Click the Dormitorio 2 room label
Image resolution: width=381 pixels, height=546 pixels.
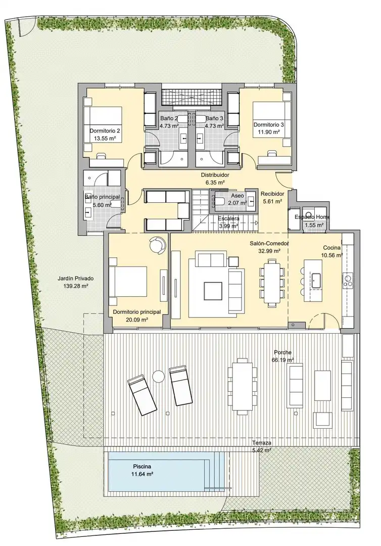pos(105,131)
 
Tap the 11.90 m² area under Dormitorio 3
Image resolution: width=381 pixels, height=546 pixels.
pos(269,132)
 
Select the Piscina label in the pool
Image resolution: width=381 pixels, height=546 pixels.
pos(142,466)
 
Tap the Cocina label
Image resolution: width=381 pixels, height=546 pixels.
pos(331,248)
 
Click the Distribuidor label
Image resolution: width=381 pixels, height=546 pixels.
pos(215,175)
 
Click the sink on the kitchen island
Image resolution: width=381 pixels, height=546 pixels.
pos(317,281)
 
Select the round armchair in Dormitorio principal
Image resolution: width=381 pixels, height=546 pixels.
pos(158,244)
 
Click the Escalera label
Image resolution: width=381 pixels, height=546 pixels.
pos(228,218)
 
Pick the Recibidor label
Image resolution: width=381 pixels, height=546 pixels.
pos(272,194)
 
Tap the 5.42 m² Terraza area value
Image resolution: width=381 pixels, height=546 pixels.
pos(262,450)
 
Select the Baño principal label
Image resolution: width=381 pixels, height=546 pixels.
pos(103,197)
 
